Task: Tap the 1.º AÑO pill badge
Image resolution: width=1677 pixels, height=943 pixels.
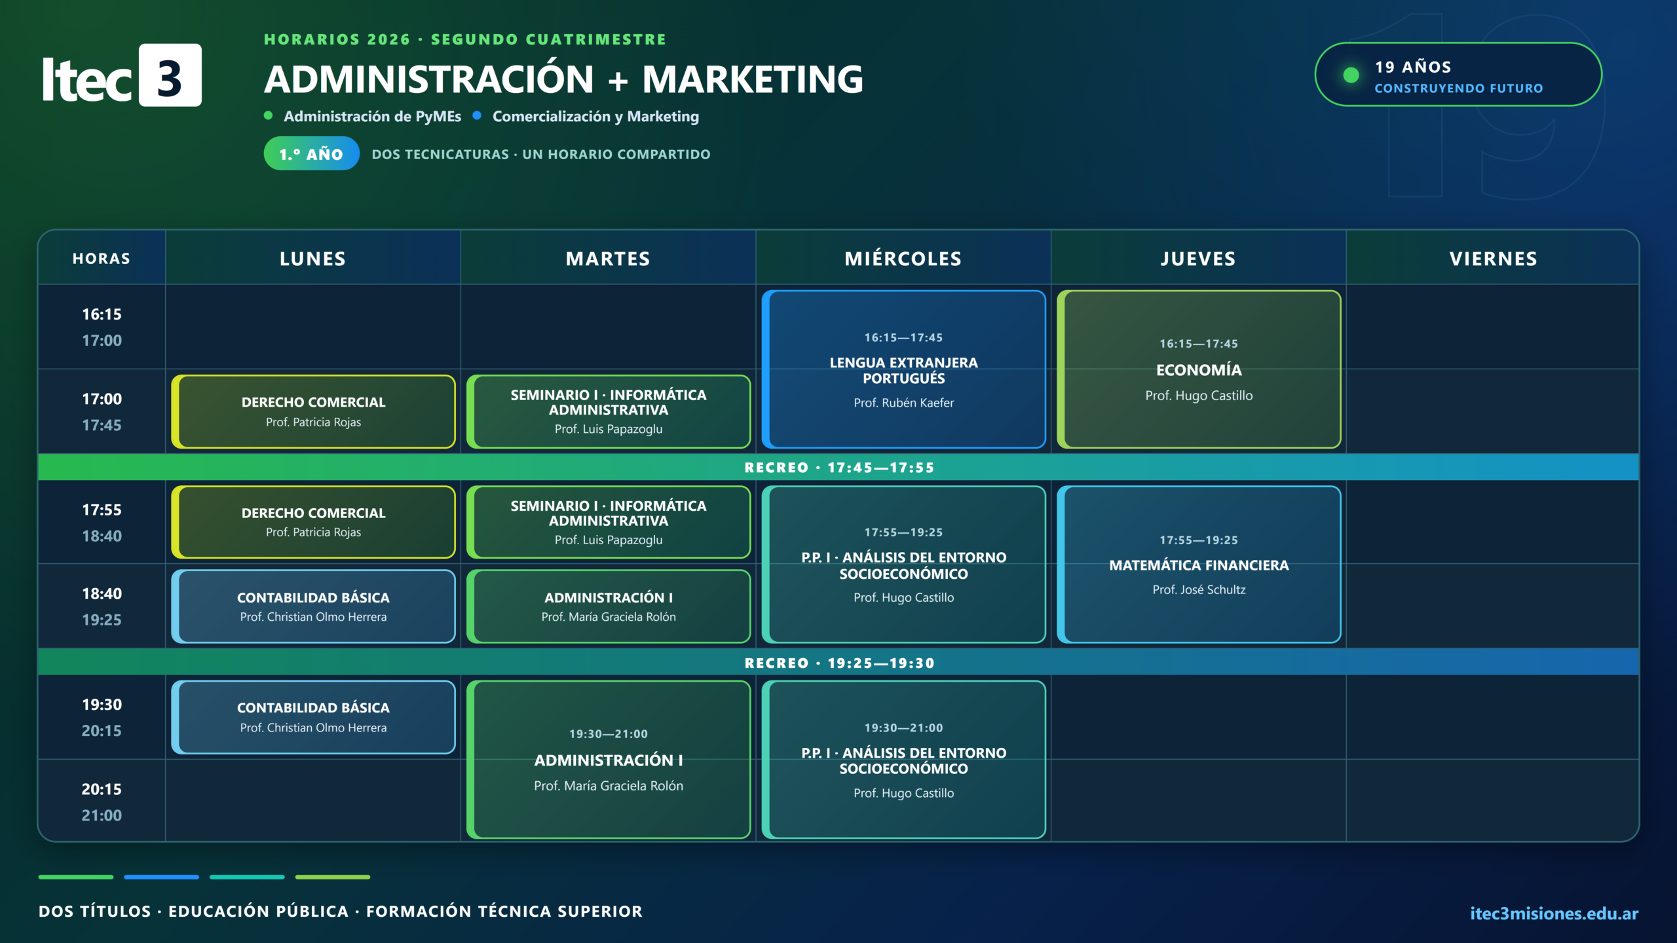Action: [x=311, y=154]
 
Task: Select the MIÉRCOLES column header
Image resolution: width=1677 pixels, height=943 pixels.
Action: [x=903, y=259]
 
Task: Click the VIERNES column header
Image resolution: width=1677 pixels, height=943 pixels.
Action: [x=1493, y=259]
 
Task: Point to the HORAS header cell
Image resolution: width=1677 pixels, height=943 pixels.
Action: [x=102, y=259]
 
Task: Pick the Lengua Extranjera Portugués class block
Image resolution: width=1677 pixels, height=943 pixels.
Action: [x=903, y=369]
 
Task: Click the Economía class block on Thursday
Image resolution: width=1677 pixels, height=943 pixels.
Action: [x=1199, y=369]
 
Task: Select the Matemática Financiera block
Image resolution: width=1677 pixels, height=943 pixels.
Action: [x=1199, y=564]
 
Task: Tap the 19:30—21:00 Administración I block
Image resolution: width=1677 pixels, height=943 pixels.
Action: [x=608, y=760]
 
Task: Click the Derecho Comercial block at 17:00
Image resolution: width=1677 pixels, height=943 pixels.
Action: [x=313, y=412]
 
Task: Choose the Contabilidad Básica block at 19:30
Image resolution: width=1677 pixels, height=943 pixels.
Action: [x=313, y=717]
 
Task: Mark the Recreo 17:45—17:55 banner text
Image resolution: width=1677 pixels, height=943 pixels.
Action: [x=839, y=468]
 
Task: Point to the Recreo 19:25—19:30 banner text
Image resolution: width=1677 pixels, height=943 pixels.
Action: [x=839, y=663]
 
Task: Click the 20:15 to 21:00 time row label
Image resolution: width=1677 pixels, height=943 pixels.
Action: [x=102, y=802]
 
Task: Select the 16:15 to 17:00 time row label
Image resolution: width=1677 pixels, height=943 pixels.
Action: [x=102, y=327]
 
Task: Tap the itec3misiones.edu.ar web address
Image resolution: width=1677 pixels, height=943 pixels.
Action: [x=1554, y=914]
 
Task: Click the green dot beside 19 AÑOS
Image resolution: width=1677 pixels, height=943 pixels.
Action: [x=1351, y=75]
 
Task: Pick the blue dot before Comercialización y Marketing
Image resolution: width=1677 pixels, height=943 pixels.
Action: [x=477, y=115]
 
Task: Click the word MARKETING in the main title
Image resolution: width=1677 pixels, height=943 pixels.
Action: [x=753, y=79]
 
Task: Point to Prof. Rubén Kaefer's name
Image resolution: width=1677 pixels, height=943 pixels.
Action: [x=903, y=403]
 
